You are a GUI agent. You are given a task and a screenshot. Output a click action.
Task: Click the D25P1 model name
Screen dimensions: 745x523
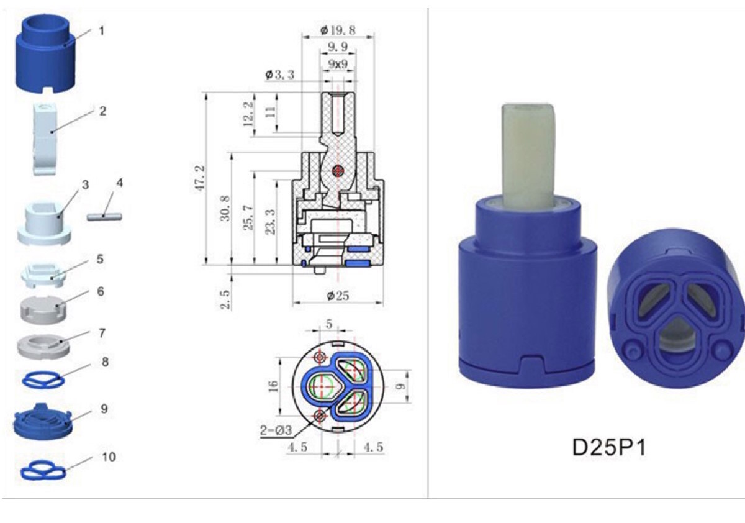(x=609, y=447)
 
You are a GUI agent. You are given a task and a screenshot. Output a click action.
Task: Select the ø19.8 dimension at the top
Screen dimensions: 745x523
(x=338, y=30)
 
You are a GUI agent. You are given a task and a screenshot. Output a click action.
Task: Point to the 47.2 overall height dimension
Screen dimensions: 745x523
(x=199, y=178)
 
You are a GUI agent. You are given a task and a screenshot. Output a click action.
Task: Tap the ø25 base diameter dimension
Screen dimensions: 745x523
(x=338, y=296)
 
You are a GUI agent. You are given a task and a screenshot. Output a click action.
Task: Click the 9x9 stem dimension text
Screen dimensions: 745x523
(x=338, y=63)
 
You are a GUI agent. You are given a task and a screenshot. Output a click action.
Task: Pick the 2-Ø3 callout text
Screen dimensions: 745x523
(x=276, y=430)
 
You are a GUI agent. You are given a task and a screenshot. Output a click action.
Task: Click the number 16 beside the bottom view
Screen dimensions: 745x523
(x=273, y=386)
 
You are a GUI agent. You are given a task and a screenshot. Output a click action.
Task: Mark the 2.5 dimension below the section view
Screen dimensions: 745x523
(x=225, y=299)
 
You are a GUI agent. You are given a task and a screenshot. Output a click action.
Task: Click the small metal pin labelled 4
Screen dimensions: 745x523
(x=104, y=216)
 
